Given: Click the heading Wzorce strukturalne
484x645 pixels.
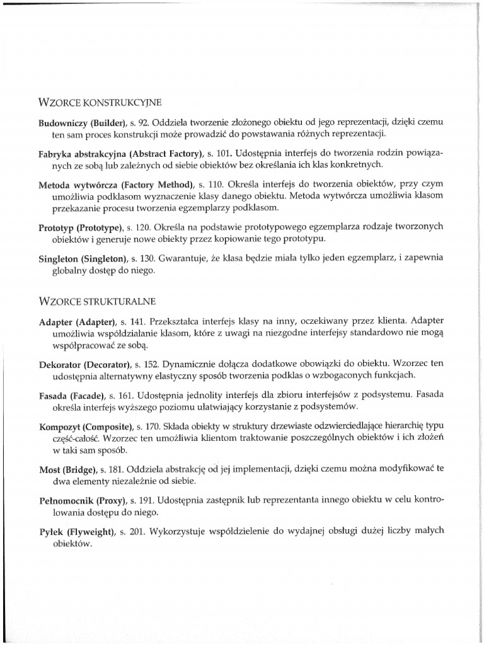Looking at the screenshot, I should (x=98, y=294).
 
